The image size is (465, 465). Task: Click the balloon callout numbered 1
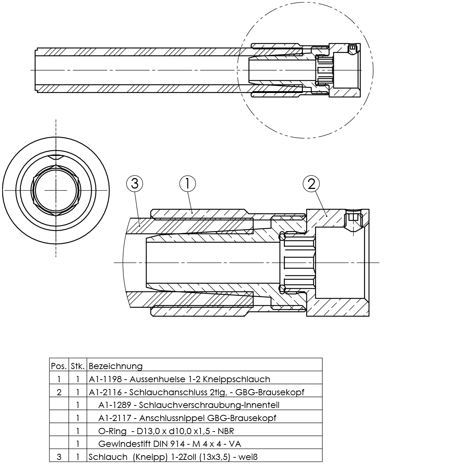coord(187,184)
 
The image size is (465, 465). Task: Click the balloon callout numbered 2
coord(311,184)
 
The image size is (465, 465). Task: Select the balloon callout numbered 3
coord(134,184)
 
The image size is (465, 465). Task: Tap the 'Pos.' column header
coord(59,365)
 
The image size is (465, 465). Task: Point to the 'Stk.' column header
coord(78,365)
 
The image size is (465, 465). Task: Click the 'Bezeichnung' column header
coord(116,365)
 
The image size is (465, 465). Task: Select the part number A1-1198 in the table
coord(105,379)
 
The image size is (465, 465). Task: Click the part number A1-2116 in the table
coord(105,392)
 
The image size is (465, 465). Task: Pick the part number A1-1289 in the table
coord(115,405)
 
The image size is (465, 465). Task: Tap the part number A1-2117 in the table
coord(115,418)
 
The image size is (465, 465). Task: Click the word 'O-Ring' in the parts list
coord(112,431)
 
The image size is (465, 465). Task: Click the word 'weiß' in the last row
coord(249,457)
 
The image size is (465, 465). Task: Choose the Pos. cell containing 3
coord(59,457)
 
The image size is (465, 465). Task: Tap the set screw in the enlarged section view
coord(353,219)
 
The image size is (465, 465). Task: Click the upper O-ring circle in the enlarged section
coord(282,236)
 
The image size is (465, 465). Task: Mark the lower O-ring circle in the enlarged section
coord(282,289)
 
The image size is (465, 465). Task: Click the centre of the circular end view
coord(56,190)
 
